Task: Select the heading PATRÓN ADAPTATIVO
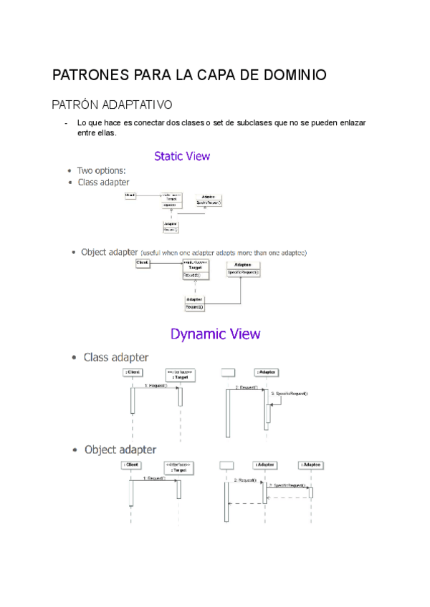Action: (112, 105)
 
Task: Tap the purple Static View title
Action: (182, 155)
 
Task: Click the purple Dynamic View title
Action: (215, 334)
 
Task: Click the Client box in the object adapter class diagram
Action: (143, 263)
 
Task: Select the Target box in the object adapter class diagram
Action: (195, 268)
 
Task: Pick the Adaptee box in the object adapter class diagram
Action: (244, 268)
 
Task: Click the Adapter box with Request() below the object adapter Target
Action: (195, 303)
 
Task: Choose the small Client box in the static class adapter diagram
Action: (130, 195)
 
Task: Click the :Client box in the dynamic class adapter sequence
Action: (132, 372)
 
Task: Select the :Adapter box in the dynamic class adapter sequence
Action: (267, 372)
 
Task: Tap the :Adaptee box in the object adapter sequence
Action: (312, 465)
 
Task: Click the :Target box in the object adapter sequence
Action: (178, 467)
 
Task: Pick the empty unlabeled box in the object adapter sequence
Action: (226, 465)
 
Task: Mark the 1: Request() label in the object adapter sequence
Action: (153, 477)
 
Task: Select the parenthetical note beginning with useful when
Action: (224, 253)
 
